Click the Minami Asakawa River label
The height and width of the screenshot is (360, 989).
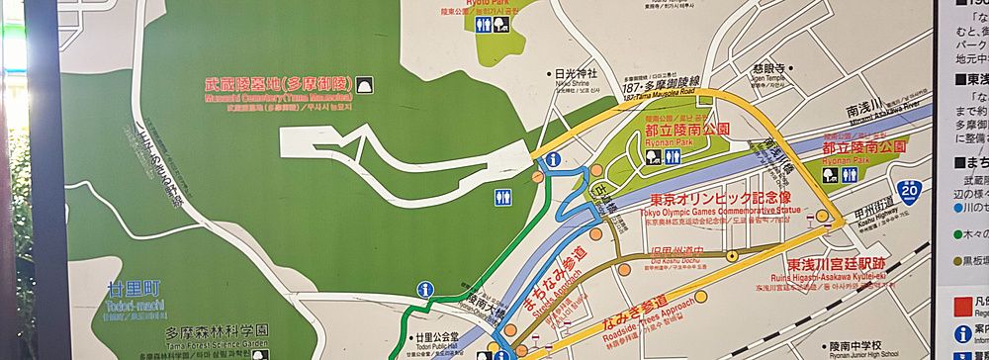coord(871,106)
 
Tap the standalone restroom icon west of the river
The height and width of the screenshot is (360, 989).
coord(501,197)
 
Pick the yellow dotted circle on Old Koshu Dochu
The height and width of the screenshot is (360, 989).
coord(731,256)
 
